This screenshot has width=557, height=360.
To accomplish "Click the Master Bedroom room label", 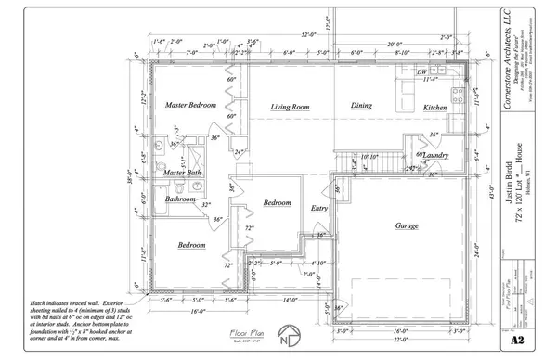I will tap(190, 107).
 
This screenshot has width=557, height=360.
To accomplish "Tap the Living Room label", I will tap(289, 109).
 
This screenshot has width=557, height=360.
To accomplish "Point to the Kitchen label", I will tap(435, 109).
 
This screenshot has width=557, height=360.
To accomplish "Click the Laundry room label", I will tap(436, 155).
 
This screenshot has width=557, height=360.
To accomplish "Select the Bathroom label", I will tap(180, 199).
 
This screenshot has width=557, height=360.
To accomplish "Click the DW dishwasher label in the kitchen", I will tap(422, 71).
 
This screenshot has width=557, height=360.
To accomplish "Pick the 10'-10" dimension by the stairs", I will tap(369, 157).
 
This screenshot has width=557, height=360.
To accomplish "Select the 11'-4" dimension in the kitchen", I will tap(430, 80).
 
